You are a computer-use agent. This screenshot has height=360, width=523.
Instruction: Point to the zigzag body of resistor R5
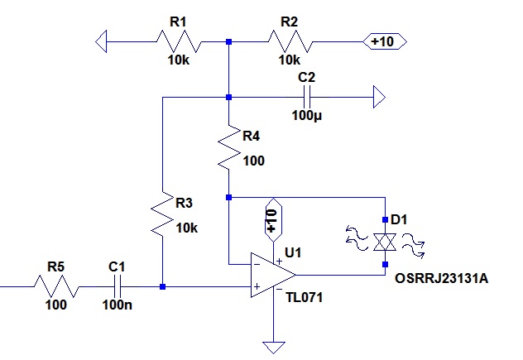pyautogui.click(x=55, y=287)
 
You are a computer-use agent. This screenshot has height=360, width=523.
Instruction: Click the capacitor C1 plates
pyautogui.click(x=118, y=287)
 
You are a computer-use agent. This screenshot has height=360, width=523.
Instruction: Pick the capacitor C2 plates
pyautogui.click(x=307, y=98)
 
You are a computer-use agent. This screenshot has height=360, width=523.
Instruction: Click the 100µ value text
pyautogui.click(x=308, y=115)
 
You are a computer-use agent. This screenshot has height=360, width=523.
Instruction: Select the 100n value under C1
pyautogui.click(x=117, y=305)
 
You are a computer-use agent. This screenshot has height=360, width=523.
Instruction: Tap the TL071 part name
pyautogui.click(x=305, y=295)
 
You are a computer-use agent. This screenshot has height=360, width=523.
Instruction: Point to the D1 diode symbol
pyautogui.click(x=385, y=242)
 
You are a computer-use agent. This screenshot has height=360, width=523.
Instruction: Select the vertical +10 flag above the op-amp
pyautogui.click(x=271, y=219)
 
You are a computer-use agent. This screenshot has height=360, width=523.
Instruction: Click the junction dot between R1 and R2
pyautogui.click(x=229, y=41)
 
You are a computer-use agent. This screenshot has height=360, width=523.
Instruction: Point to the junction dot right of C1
pyautogui.click(x=163, y=287)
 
